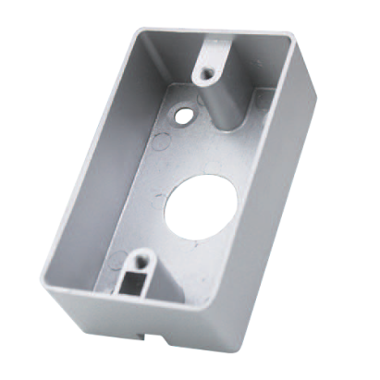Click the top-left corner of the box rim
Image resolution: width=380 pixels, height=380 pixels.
click(x=146, y=25)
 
